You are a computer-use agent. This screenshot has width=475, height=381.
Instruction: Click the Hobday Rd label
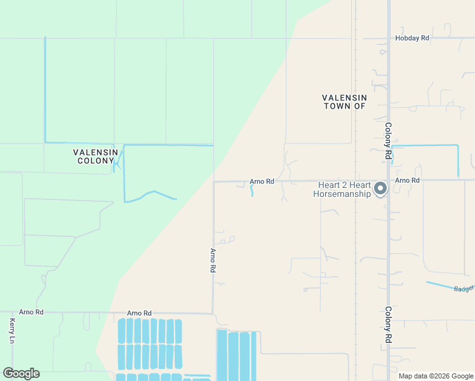[x=412, y=38]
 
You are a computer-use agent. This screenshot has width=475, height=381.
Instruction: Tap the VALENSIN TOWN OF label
[x=344, y=102]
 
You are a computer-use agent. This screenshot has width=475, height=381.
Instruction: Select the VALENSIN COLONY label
[x=95, y=156]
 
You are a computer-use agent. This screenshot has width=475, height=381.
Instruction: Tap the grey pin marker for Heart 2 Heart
[x=380, y=188]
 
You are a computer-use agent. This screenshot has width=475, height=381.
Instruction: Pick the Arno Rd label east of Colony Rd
[x=407, y=180]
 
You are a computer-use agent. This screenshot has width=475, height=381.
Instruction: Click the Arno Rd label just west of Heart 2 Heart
[x=262, y=182]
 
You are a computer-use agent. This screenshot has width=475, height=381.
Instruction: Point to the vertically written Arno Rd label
[x=213, y=260]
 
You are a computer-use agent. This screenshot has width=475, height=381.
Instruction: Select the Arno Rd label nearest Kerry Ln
[x=31, y=312]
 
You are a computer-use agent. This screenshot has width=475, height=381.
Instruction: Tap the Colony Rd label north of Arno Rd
[x=388, y=140]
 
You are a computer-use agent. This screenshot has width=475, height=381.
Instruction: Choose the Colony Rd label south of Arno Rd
[x=388, y=325]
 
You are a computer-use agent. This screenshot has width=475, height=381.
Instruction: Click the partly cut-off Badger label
[x=464, y=288]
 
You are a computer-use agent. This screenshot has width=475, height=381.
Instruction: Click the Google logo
[x=21, y=373]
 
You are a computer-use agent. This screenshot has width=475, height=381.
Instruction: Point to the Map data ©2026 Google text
[x=436, y=376]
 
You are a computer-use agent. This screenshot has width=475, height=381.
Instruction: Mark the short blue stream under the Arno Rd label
[x=251, y=190]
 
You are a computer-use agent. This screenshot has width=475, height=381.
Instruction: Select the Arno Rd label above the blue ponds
[x=139, y=313]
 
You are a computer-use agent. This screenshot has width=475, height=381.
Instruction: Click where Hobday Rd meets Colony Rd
[x=388, y=38]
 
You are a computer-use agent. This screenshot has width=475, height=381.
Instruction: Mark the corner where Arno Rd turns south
[x=213, y=182]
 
